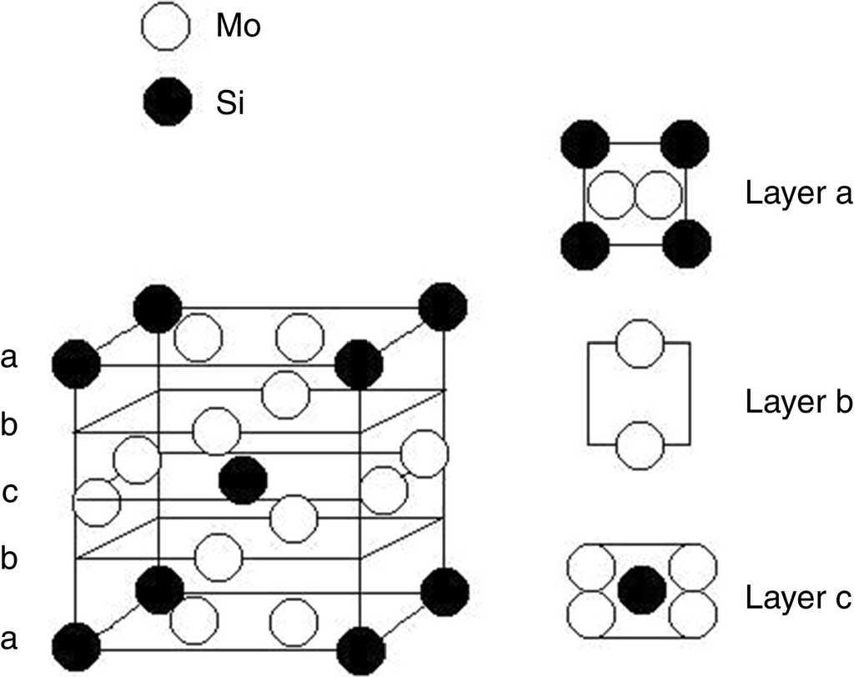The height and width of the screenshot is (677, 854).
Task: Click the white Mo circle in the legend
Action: point(168,28)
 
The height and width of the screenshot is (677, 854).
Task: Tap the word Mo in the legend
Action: point(239,28)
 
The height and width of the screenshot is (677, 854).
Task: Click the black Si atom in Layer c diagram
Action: point(641,589)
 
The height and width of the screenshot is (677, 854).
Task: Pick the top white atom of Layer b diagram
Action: point(640,343)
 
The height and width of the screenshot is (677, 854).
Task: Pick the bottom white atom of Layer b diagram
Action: point(640,445)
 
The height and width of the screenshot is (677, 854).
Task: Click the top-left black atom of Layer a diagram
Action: point(585,144)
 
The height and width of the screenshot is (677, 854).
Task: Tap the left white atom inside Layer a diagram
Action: point(611,194)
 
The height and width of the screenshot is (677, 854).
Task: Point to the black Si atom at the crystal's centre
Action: point(243,480)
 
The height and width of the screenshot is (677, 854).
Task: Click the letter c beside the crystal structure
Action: point(10,492)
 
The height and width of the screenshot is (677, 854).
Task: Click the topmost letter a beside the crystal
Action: point(10,359)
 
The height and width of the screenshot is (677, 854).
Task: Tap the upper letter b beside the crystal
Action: point(10,425)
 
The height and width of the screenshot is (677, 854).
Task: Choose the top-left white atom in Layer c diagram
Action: point(591,566)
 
